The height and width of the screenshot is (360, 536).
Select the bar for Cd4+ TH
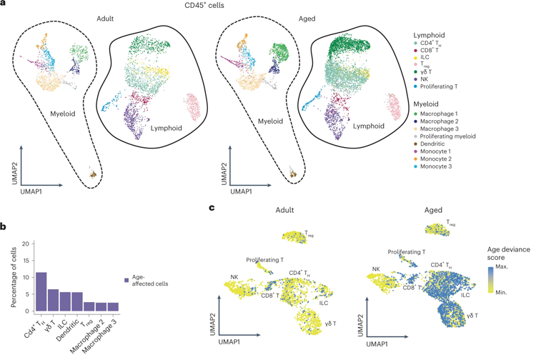point(41,291)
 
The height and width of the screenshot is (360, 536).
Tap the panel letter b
point(4,227)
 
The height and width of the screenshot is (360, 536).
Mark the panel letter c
point(212,208)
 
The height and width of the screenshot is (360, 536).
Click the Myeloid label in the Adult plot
point(62,112)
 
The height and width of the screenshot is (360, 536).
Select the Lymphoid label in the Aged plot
point(353,127)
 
